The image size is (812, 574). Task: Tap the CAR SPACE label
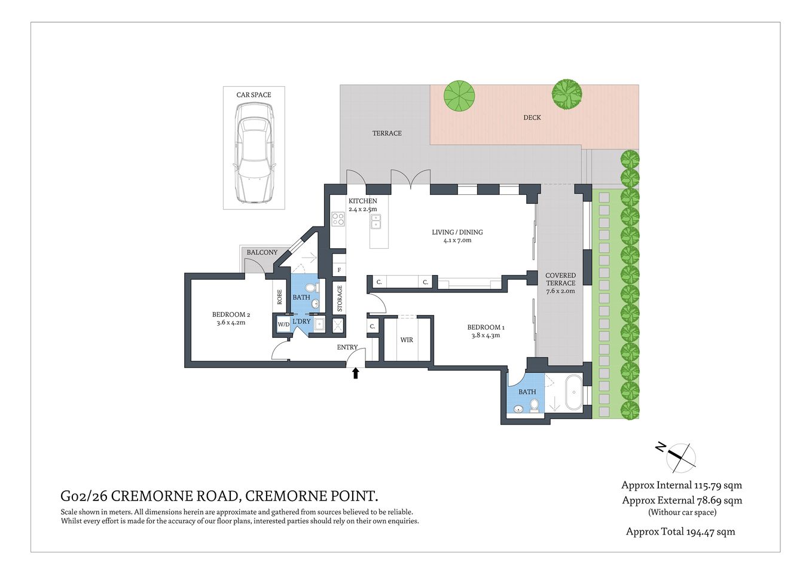pos(254,94)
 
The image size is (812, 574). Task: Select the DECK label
pos(532,117)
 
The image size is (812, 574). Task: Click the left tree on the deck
pos(459,95)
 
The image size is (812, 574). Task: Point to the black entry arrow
pos(355,373)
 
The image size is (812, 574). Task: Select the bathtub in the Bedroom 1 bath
pos(573,393)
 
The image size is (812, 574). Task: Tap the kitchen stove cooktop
pos(338,219)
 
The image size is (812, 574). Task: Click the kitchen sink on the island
pos(376,222)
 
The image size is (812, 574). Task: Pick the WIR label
pos(407,340)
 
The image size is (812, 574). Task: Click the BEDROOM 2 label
pos(231,315)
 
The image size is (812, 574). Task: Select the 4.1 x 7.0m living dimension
pos(457,240)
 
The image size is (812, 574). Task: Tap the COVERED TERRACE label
pos(560,279)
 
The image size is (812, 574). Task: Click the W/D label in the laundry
pos(283,325)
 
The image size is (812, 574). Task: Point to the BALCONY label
pos(262,252)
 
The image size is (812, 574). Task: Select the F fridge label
pos(339,270)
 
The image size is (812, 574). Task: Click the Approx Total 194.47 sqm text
pos(680,532)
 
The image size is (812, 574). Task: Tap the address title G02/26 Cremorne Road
pos(219,496)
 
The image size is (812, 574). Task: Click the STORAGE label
pos(340,298)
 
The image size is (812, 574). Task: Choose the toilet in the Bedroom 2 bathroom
pos(310,288)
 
